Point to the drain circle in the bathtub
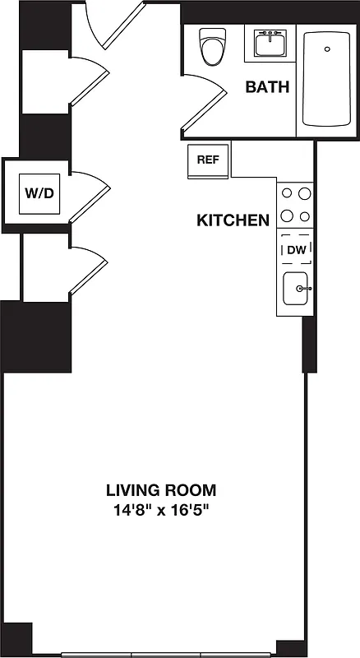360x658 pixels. pyautogui.click(x=326, y=49)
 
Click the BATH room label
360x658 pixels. pyautogui.click(x=267, y=87)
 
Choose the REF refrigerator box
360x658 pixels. pyautogui.click(x=208, y=160)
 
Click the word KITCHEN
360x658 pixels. pyautogui.click(x=233, y=220)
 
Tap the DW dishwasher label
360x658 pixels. pyautogui.click(x=295, y=249)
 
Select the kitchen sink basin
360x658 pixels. pyautogui.click(x=295, y=289)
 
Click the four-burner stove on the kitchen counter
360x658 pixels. pyautogui.click(x=295, y=205)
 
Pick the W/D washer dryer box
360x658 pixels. pyautogui.click(x=36, y=194)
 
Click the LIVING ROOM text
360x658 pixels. pyautogui.click(x=161, y=490)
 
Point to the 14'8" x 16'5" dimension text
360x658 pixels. pyautogui.click(x=161, y=510)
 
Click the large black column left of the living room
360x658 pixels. pyautogui.click(x=36, y=336)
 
